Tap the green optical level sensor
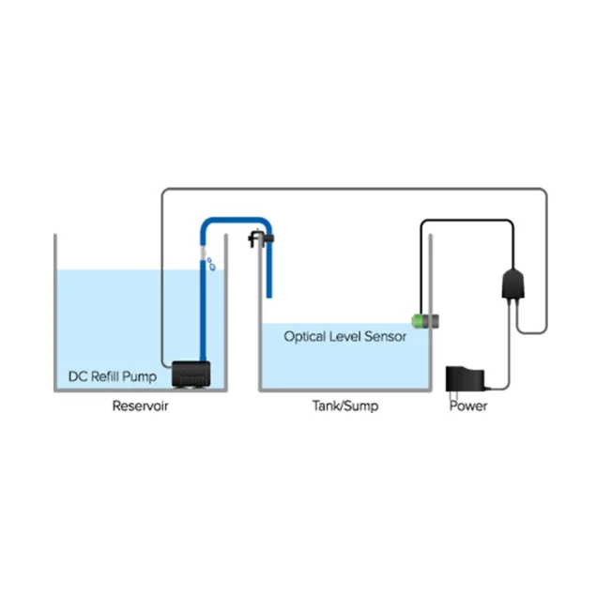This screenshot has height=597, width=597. point(419,321)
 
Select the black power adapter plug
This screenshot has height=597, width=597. point(464,381)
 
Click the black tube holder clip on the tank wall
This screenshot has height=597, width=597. point(258,240)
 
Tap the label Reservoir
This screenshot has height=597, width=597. point(141,406)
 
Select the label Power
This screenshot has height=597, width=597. point(468,406)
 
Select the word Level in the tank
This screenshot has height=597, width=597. point(347,336)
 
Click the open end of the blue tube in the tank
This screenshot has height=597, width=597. point(268,294)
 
